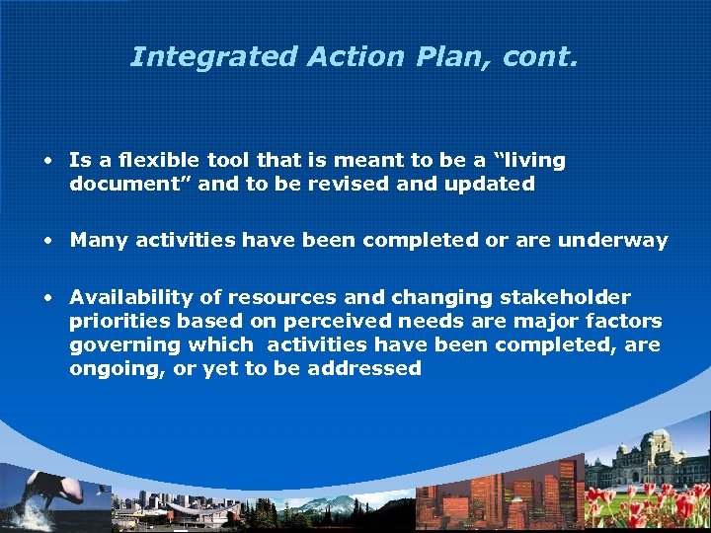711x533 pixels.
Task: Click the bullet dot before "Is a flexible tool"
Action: pos(47,160)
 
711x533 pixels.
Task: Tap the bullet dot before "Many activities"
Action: pos(47,241)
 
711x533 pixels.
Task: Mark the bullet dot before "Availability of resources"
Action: pos(47,298)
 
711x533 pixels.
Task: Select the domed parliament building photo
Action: pos(647,464)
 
